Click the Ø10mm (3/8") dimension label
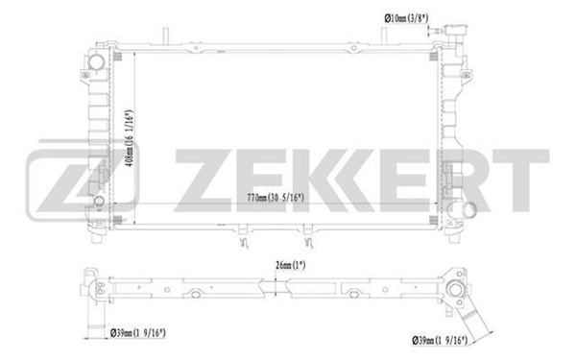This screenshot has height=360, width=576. pos(406,17)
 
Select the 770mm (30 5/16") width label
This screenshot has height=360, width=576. pos(276,198)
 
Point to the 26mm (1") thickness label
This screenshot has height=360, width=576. pos(290,265)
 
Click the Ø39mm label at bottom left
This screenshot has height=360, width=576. pos(137,333)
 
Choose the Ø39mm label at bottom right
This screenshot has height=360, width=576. pos(440,341)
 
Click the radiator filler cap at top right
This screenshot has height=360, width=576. pos(455,32)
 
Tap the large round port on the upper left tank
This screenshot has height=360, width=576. pos(97,62)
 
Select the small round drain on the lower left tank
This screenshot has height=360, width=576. pos(99,201)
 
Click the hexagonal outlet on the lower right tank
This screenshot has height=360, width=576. pos(469,209)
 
